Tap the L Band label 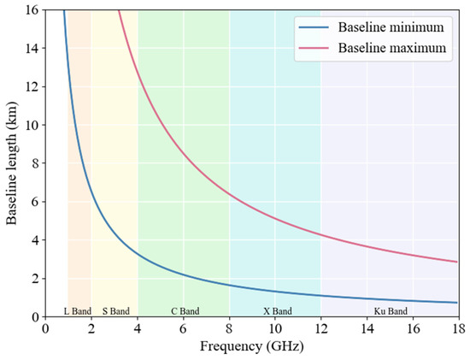coord(79,310)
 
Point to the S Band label coord(115,310)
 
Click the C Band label coord(184,310)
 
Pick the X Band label coord(276,310)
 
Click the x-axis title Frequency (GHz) coord(250,349)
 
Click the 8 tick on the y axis coord(34,163)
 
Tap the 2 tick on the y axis coord(34,279)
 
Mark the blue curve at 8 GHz coord(229,285)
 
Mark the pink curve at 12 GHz coord(320,233)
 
